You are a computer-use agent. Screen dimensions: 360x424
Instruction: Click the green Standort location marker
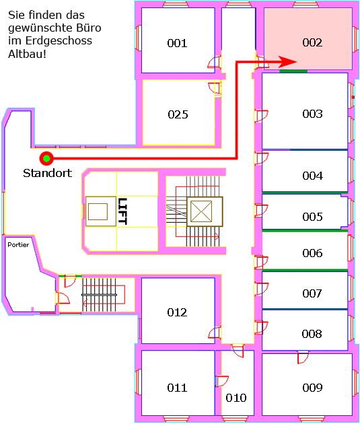46,158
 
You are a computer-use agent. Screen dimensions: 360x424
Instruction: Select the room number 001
177,43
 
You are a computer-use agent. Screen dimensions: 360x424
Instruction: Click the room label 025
178,114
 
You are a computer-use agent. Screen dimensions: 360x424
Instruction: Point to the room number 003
312,114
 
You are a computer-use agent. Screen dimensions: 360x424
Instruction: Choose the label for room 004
312,176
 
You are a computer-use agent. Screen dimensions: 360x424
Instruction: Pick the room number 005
312,217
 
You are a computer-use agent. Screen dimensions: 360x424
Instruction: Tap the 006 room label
312,253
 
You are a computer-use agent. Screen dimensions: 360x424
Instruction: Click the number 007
312,293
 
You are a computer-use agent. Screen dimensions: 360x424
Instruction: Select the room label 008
312,334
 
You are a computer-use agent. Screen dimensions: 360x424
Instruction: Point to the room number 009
312,388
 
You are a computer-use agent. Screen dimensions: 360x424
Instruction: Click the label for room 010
236,398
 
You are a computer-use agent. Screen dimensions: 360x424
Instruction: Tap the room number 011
177,388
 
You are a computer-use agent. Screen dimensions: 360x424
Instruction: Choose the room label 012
177,312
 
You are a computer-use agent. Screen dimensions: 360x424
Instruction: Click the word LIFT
122,211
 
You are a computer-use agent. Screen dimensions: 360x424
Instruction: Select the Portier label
18,245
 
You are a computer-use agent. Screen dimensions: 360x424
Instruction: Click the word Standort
48,173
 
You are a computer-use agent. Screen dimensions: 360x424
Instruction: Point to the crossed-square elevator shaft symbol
201,211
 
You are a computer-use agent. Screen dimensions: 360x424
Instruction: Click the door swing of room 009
303,357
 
